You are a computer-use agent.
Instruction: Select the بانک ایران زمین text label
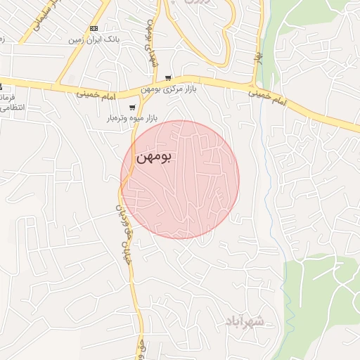pyautogui.click(x=94, y=39)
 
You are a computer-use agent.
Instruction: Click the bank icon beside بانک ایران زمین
pyautogui.click(x=94, y=28)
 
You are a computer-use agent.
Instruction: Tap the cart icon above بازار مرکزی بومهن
pyautogui.click(x=167, y=78)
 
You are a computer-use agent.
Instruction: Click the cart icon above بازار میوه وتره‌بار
pyautogui.click(x=133, y=108)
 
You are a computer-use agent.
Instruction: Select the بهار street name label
pyautogui.click(x=258, y=56)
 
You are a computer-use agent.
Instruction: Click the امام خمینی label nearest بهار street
pyautogui.click(x=269, y=96)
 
